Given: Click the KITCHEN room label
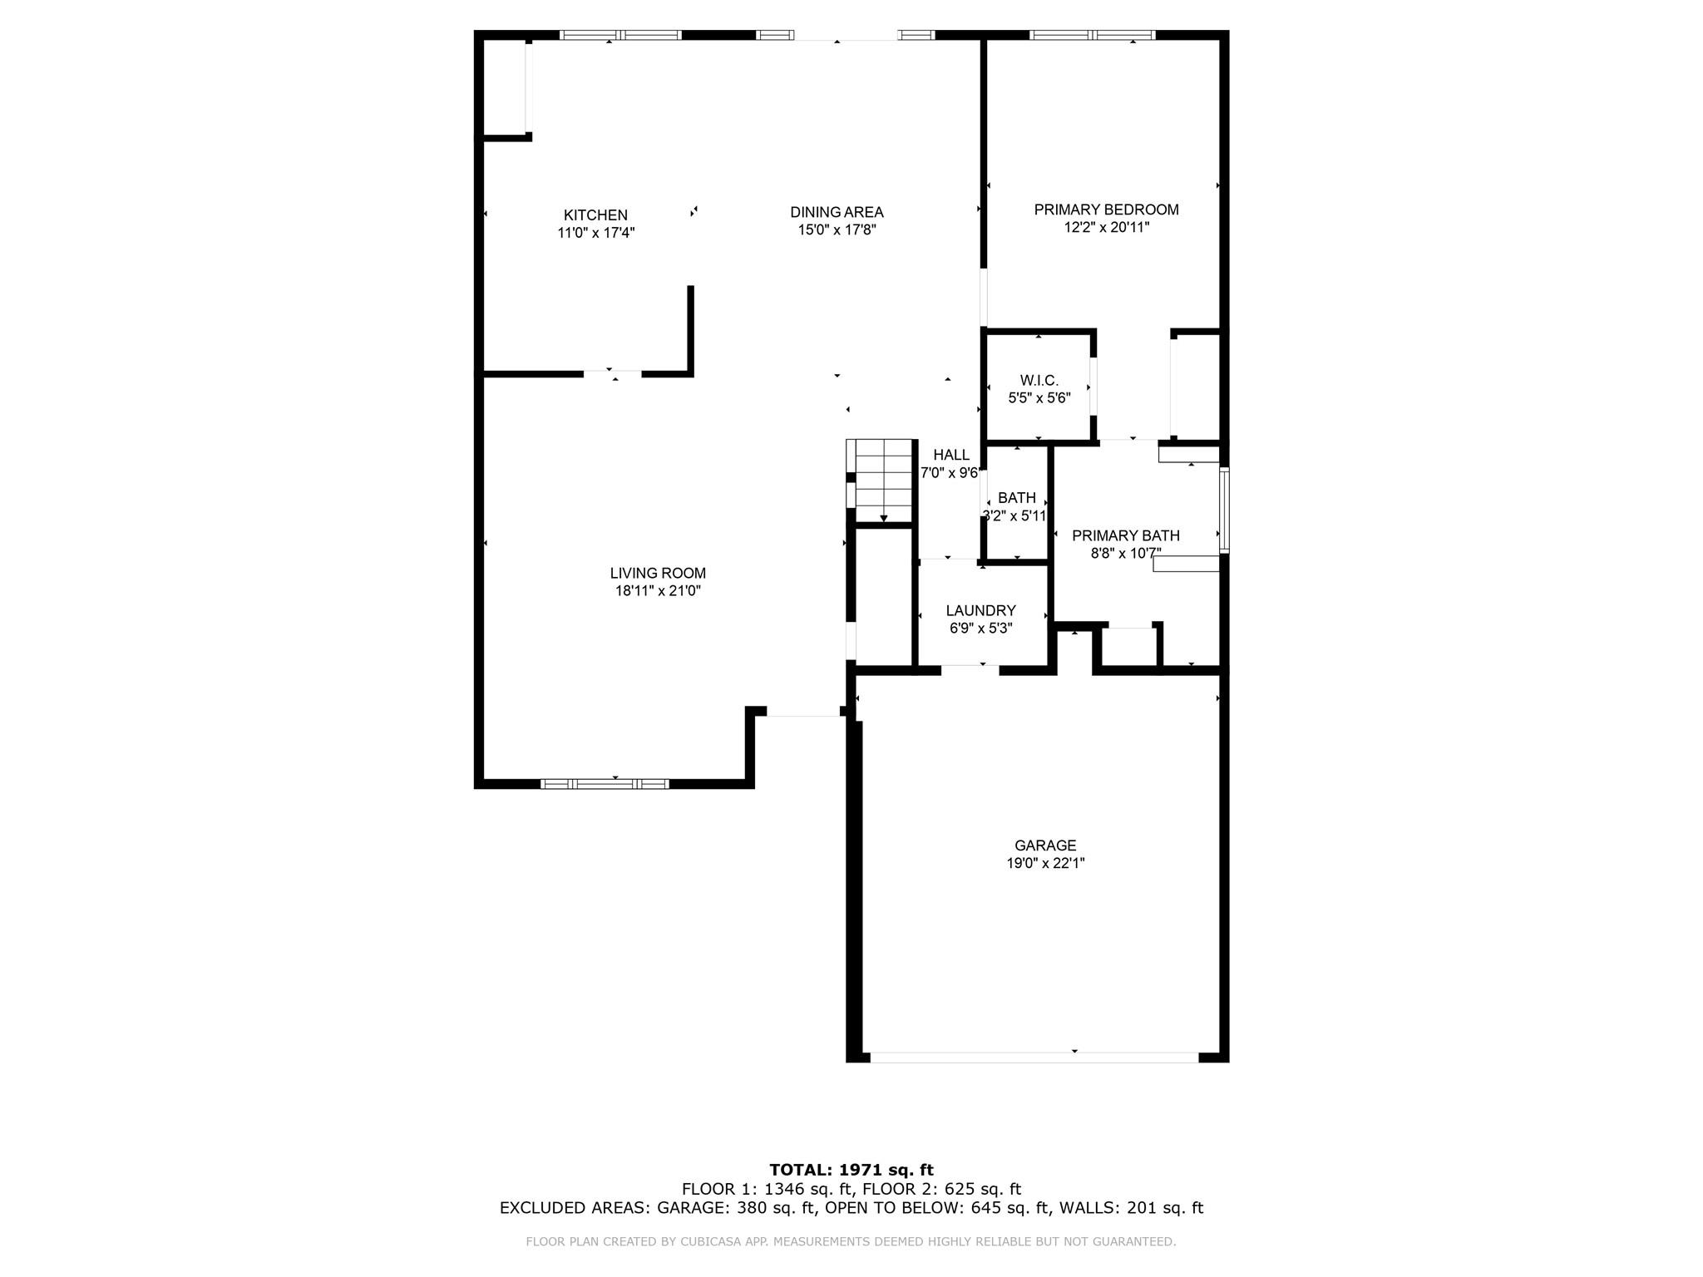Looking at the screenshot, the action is (595, 215).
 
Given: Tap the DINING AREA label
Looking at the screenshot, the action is (837, 213).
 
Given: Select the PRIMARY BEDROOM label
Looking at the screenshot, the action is (1106, 210).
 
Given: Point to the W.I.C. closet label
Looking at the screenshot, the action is (1039, 381).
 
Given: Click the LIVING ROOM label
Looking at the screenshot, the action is (658, 573).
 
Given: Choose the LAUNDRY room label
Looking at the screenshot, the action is (980, 610).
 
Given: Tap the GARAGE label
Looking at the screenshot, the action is (1045, 846).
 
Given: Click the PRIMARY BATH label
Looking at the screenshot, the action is (1126, 535).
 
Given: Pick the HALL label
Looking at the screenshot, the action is (951, 455).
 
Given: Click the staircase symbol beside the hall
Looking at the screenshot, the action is (881, 481).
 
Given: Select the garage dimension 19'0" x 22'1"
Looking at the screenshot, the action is (1045, 864).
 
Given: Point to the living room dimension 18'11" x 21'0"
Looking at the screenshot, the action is (658, 591).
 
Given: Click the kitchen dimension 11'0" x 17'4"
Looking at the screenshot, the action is (596, 234).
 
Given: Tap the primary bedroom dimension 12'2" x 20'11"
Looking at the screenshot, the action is (1106, 227).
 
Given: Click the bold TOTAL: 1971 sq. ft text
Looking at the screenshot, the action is (851, 1171).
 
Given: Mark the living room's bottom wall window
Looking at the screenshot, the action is (605, 783).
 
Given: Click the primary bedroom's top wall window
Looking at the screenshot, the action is (1093, 35).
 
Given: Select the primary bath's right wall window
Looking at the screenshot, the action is (1224, 510).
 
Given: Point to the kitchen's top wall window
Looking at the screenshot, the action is (620, 35).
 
